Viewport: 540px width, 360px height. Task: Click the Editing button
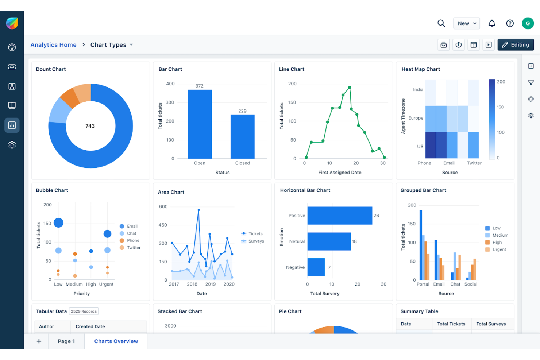click(515, 45)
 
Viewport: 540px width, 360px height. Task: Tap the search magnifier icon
click(441, 23)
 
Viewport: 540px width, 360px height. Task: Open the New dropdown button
click(466, 23)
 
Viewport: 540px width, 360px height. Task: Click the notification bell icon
click(492, 23)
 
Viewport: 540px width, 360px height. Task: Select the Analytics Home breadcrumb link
click(53, 45)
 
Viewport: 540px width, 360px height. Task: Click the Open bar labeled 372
click(200, 124)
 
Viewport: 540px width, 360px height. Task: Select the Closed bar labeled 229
click(242, 136)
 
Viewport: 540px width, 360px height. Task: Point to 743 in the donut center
click(90, 126)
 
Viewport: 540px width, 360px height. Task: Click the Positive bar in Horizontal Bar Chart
click(339, 216)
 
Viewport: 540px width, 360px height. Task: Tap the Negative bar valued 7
click(316, 267)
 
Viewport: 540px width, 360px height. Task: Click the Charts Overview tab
click(116, 341)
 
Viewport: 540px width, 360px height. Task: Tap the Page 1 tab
click(66, 341)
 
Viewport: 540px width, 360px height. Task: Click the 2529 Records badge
click(84, 311)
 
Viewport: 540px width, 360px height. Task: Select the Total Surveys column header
click(491, 324)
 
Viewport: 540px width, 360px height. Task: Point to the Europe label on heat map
click(416, 118)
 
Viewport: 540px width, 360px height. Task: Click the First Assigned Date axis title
click(340, 173)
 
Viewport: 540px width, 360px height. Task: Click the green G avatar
click(528, 23)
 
